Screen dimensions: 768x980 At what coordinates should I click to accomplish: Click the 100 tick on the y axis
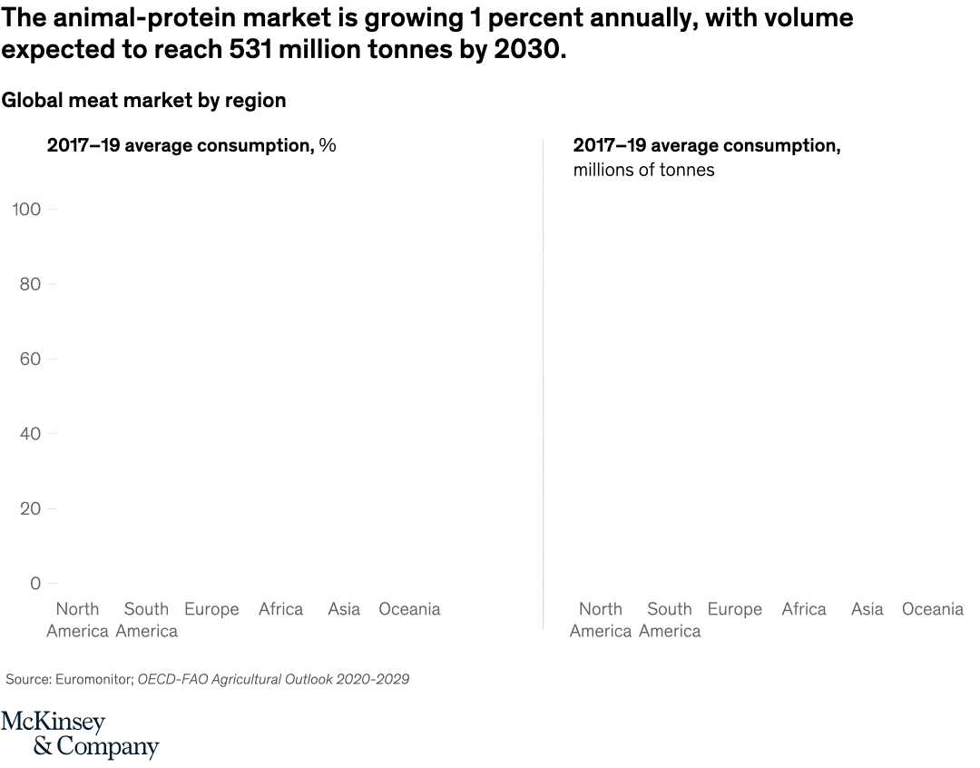click(x=26, y=210)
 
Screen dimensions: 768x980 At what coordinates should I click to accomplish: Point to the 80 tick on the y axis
click(x=30, y=284)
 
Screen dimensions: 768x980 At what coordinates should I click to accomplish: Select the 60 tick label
click(x=30, y=359)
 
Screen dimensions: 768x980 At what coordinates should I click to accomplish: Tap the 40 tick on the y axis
click(x=30, y=434)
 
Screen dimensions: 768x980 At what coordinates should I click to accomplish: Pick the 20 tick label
click(x=30, y=508)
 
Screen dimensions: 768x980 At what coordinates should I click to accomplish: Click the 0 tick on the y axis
click(x=35, y=584)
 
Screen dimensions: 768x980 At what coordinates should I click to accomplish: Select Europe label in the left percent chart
click(x=211, y=609)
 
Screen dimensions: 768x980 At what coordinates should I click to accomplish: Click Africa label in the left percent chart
click(x=280, y=609)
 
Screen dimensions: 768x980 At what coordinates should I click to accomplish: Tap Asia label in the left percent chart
click(x=344, y=609)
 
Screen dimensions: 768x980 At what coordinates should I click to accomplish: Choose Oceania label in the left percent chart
click(x=409, y=609)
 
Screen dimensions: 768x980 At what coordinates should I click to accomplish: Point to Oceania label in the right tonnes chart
click(x=932, y=609)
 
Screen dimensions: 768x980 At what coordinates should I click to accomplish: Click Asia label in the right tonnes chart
click(x=867, y=609)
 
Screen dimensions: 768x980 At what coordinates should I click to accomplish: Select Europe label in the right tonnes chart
click(x=734, y=609)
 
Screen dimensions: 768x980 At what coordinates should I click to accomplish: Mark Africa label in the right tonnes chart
click(x=804, y=609)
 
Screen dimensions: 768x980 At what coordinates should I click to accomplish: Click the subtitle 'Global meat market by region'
click(x=143, y=101)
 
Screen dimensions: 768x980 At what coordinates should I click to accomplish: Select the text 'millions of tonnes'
click(x=643, y=170)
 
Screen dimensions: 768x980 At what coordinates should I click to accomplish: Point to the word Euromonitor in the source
click(x=91, y=679)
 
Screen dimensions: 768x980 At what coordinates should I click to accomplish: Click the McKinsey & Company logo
click(x=80, y=735)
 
